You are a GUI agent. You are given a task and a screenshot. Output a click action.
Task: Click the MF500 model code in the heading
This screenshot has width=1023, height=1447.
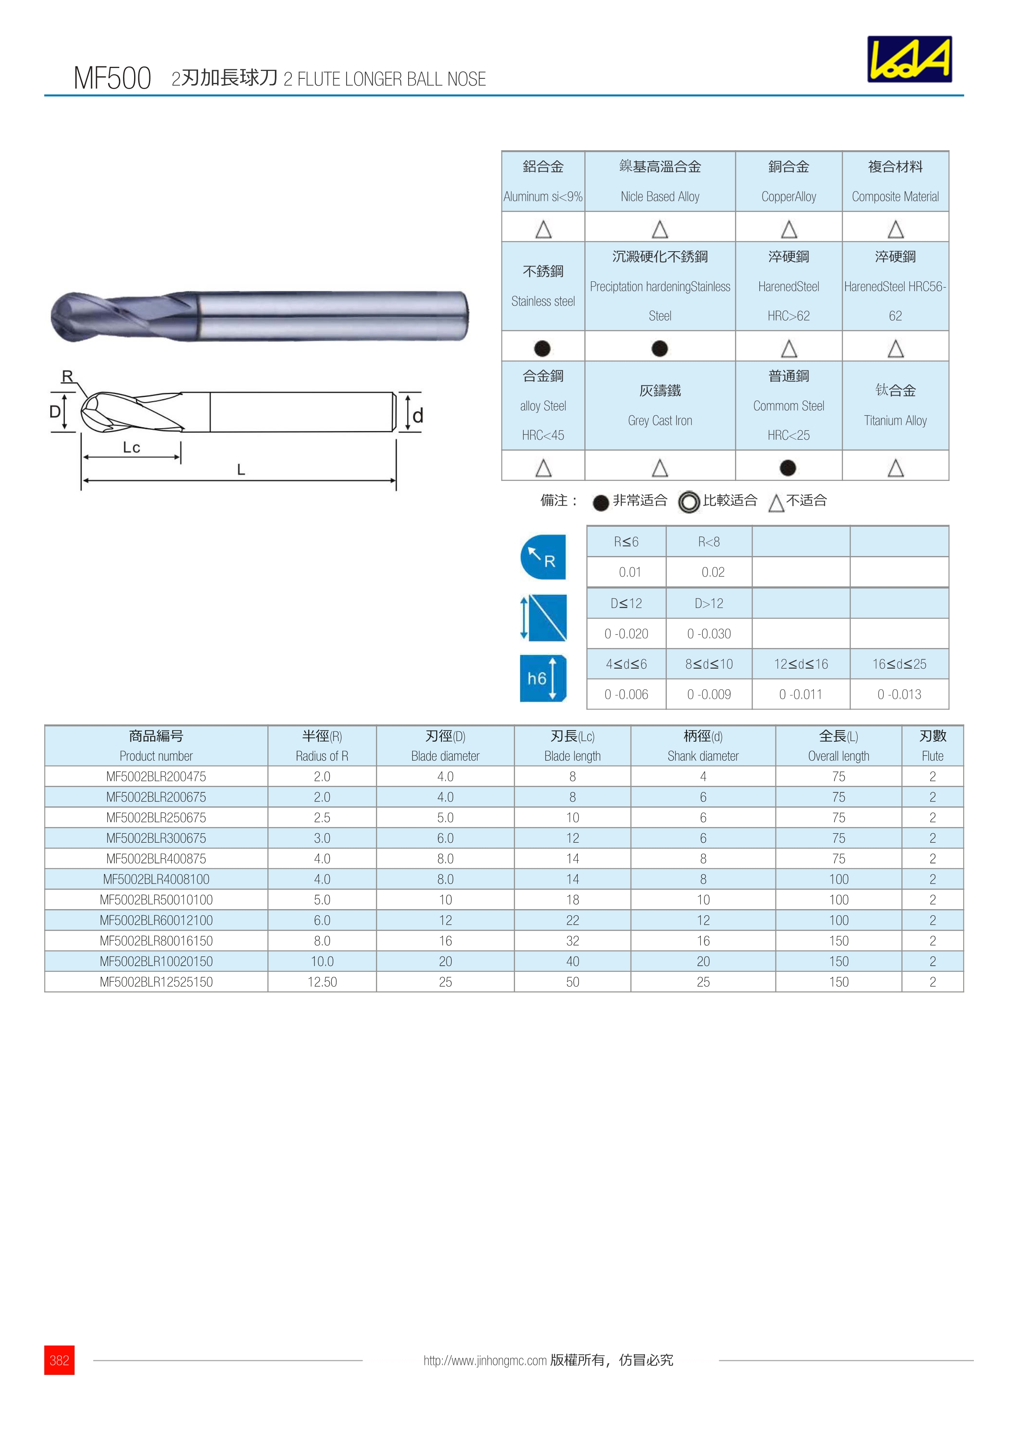112,78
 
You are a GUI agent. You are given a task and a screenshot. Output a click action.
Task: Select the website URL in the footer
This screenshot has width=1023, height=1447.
485,1361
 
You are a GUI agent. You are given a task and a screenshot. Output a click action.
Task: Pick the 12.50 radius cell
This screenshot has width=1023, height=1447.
322,982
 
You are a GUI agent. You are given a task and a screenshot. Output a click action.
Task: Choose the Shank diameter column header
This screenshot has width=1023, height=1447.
703,756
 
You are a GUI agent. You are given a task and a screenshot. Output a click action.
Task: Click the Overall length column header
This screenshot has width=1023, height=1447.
838,756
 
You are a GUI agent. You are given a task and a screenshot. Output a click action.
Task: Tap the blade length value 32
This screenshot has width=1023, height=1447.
572,941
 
